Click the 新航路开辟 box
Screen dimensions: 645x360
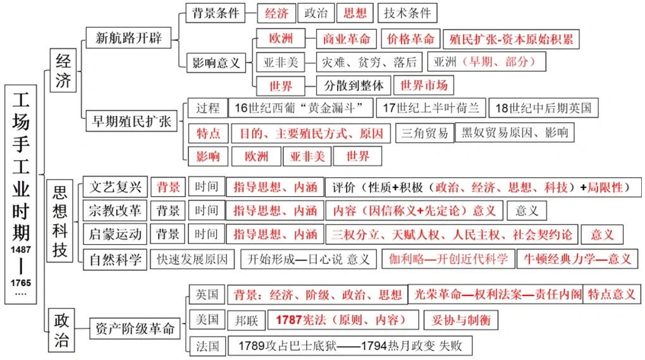tap(128, 38)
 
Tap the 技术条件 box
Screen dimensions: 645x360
tap(407, 13)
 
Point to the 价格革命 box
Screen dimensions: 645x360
tap(411, 39)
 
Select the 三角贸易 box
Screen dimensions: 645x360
tap(425, 133)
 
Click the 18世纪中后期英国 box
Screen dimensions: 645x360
tap(543, 108)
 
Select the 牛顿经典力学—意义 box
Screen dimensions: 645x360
tap(577, 258)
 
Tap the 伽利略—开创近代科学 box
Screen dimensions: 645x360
tap(448, 258)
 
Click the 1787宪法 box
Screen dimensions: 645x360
tap(342, 320)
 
